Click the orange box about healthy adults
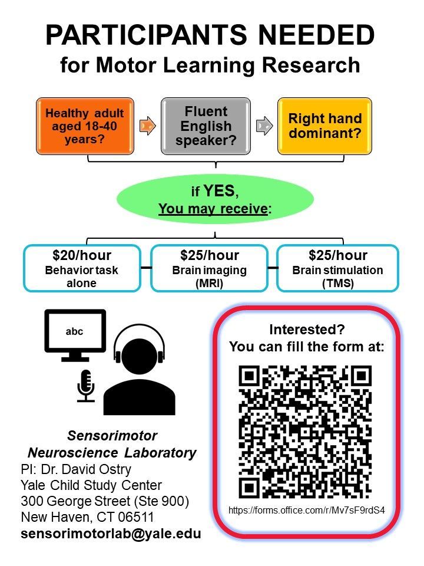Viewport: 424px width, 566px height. [85, 125]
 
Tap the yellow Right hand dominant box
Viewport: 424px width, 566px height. [324, 125]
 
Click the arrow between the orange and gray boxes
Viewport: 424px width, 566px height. [147, 126]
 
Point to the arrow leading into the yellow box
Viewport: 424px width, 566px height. [265, 126]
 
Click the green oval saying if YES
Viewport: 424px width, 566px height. [214, 199]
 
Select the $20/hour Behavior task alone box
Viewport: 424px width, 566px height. [82, 269]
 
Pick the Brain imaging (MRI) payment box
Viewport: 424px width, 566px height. [210, 269]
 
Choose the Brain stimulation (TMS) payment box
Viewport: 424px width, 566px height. [337, 269]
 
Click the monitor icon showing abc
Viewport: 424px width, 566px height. [75, 334]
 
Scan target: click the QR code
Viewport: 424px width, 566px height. [306, 431]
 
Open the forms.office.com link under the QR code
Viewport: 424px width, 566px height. [306, 510]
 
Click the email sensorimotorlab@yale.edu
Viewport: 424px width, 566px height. [111, 534]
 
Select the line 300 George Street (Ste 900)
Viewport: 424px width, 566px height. [105, 502]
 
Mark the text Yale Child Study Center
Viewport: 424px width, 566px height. [91, 485]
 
